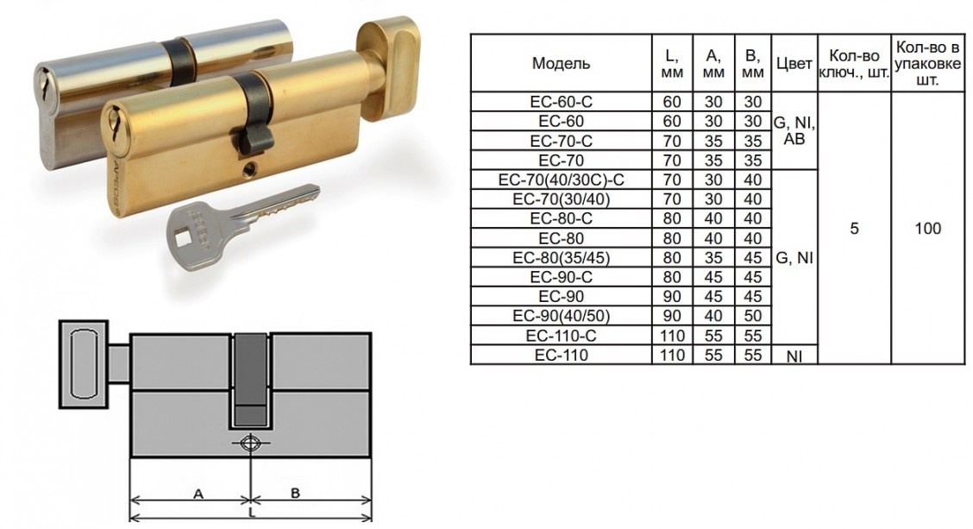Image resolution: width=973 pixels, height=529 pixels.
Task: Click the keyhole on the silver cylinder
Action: click(42, 82)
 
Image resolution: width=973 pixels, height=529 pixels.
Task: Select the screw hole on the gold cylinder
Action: click(250, 167)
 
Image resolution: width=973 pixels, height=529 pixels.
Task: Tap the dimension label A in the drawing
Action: click(198, 494)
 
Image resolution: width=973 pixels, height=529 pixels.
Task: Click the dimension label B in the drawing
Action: click(295, 494)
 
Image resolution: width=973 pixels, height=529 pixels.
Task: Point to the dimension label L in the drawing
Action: click(251, 513)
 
